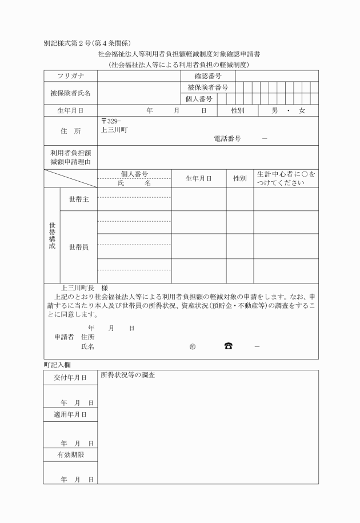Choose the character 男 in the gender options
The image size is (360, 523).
pyautogui.click(x=275, y=111)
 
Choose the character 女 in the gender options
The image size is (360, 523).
pyautogui.click(x=302, y=111)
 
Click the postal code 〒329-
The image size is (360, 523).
pyautogui.click(x=111, y=121)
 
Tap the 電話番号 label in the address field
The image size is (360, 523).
pyautogui.click(x=227, y=139)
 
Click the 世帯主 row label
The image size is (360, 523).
pyautogui.click(x=79, y=199)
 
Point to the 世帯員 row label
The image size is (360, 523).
pyautogui.click(x=79, y=247)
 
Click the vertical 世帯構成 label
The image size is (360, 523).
pyautogui.click(x=52, y=235)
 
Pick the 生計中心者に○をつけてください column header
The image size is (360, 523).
pyautogui.click(x=286, y=178)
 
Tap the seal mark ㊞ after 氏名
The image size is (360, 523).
pyautogui.click(x=191, y=347)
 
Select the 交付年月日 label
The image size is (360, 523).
pyautogui.click(x=70, y=378)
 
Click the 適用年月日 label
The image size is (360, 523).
pyautogui.click(x=70, y=414)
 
